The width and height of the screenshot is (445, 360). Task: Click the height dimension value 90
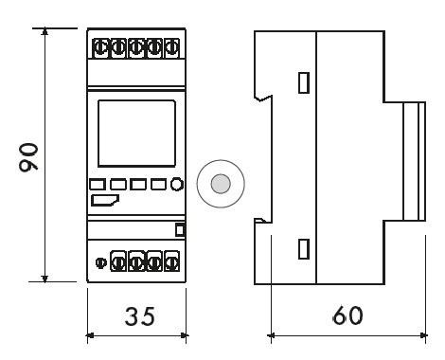pyautogui.click(x=28, y=157)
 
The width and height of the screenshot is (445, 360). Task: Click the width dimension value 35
pyautogui.click(x=140, y=316)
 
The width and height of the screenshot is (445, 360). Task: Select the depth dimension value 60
pyautogui.click(x=347, y=315)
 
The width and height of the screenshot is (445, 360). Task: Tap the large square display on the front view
pyautogui.click(x=136, y=134)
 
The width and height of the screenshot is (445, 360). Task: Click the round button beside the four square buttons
pyautogui.click(x=177, y=185)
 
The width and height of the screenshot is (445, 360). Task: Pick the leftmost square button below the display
pyautogui.click(x=98, y=185)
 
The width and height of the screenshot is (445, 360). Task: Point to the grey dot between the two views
pyautogui.click(x=221, y=184)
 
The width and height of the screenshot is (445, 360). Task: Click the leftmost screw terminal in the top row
pyautogui.click(x=100, y=48)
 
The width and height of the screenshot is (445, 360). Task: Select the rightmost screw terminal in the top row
pyautogui.click(x=171, y=48)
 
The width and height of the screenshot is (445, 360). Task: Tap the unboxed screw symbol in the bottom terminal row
pyautogui.click(x=101, y=262)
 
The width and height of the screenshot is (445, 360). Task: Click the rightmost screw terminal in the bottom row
pyautogui.click(x=171, y=261)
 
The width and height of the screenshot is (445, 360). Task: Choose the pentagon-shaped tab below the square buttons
pyautogui.click(x=105, y=201)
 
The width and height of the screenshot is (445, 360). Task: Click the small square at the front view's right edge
pyautogui.click(x=180, y=230)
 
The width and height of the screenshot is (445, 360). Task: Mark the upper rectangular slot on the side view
pyautogui.click(x=304, y=82)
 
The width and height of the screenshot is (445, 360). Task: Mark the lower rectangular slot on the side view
pyautogui.click(x=304, y=249)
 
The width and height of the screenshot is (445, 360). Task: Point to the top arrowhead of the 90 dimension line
pyautogui.click(x=45, y=31)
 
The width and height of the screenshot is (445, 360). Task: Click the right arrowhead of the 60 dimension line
pyautogui.click(x=424, y=335)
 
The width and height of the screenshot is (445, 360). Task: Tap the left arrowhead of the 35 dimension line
pyautogui.click(x=90, y=335)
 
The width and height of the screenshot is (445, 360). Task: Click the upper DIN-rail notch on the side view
pyautogui.click(x=262, y=98)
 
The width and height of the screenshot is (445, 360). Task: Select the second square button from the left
pyautogui.click(x=118, y=185)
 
